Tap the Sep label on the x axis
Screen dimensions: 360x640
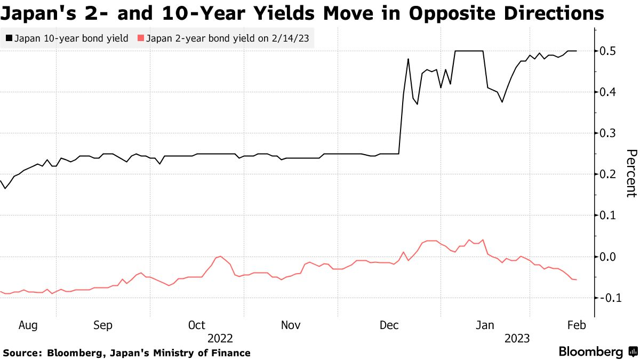click(103, 325)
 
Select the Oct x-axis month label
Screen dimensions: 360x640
click(197, 325)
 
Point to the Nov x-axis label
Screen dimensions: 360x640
click(291, 325)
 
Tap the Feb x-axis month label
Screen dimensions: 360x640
click(576, 325)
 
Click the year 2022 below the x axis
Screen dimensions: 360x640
click(220, 339)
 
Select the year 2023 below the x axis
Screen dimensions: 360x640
click(516, 339)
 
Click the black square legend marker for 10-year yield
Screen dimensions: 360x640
click(9, 38)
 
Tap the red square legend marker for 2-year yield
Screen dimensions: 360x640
click(141, 38)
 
